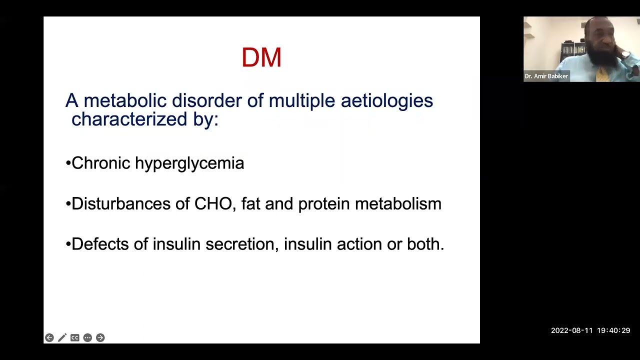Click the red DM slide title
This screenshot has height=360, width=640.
tap(261, 57)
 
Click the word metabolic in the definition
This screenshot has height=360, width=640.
tap(125, 100)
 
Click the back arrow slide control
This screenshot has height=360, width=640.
tap(49, 338)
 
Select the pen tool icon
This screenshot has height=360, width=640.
tap(62, 338)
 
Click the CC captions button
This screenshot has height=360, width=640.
tap(75, 338)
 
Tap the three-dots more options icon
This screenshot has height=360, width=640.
tap(87, 338)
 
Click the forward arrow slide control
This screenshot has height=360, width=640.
tap(100, 338)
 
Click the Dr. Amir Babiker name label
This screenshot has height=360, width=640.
tap(546, 76)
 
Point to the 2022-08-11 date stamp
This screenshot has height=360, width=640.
tap(571, 330)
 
